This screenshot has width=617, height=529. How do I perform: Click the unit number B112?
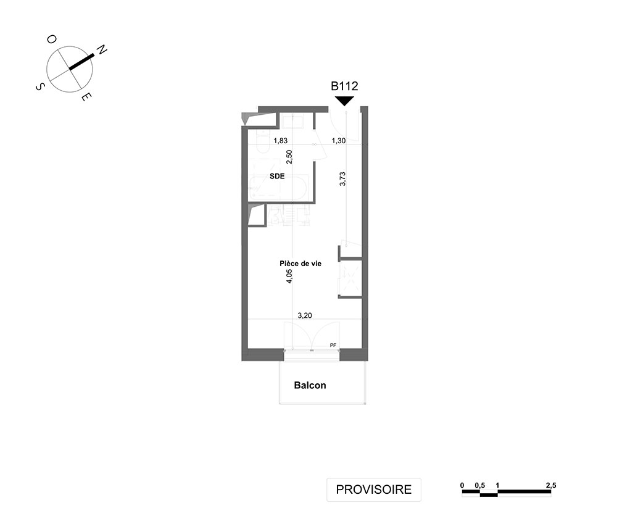(344, 86)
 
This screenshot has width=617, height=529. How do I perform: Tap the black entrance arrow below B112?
(344, 101)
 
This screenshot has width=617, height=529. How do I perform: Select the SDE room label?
(277, 177)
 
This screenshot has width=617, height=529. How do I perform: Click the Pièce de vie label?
(300, 264)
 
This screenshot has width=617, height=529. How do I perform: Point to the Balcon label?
(310, 385)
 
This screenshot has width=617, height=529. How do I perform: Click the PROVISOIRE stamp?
(374, 489)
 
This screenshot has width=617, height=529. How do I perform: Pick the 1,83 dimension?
(281, 141)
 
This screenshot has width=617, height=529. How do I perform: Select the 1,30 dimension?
(338, 141)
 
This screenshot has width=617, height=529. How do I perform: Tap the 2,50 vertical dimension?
(289, 157)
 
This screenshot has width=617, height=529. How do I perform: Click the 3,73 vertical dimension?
(342, 178)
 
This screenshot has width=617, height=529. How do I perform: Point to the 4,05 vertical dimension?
(289, 277)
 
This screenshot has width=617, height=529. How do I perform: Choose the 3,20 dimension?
(305, 315)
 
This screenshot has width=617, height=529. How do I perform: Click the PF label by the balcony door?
(333, 345)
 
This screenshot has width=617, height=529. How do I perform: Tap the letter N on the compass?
(102, 49)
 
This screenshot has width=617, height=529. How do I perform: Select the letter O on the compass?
(52, 39)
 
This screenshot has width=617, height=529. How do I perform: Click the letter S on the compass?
(40, 86)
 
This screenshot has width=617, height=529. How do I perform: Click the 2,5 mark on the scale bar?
(551, 485)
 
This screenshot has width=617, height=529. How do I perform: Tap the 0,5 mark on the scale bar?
(479, 485)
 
